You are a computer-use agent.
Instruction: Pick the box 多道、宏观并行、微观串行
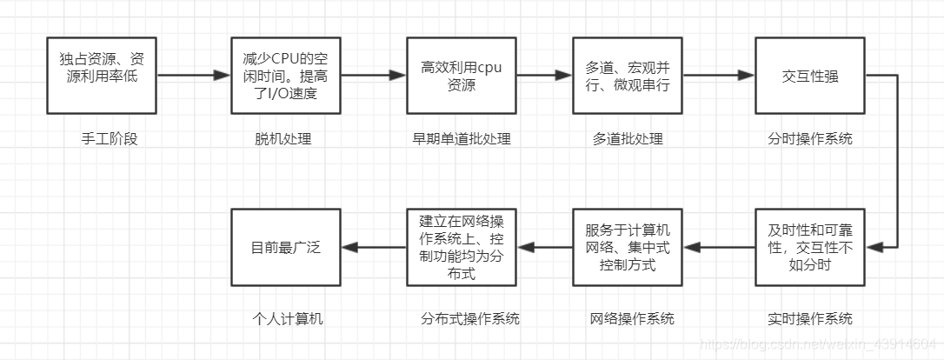coord(628,76)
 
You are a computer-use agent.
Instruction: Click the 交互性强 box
coord(810,76)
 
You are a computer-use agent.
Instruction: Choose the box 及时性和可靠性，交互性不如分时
coord(810,247)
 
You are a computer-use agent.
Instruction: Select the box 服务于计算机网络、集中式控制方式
coord(628,247)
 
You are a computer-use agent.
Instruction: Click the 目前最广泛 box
coord(287,247)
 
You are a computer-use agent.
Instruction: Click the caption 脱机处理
coord(283,139)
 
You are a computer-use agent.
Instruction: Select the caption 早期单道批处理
coord(461,139)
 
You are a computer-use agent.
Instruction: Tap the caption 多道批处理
coord(628,139)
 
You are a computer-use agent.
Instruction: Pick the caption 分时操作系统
coord(810,139)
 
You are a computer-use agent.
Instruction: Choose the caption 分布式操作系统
coord(469,318)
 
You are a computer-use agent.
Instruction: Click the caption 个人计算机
coord(281,318)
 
